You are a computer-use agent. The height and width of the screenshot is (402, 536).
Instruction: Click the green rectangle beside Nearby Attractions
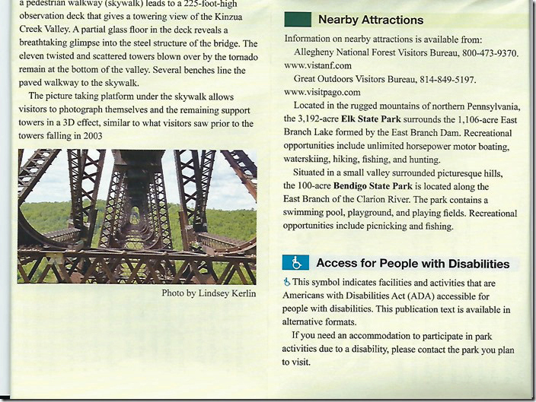(297, 19)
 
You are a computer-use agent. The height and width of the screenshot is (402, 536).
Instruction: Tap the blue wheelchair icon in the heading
(295, 263)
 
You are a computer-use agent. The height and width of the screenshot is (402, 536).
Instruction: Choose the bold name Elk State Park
(368, 119)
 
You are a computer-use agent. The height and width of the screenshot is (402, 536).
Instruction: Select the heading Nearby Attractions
(370, 19)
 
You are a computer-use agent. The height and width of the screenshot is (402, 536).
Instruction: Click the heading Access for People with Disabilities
(413, 264)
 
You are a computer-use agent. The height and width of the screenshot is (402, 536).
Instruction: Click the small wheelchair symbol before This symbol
(286, 282)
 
